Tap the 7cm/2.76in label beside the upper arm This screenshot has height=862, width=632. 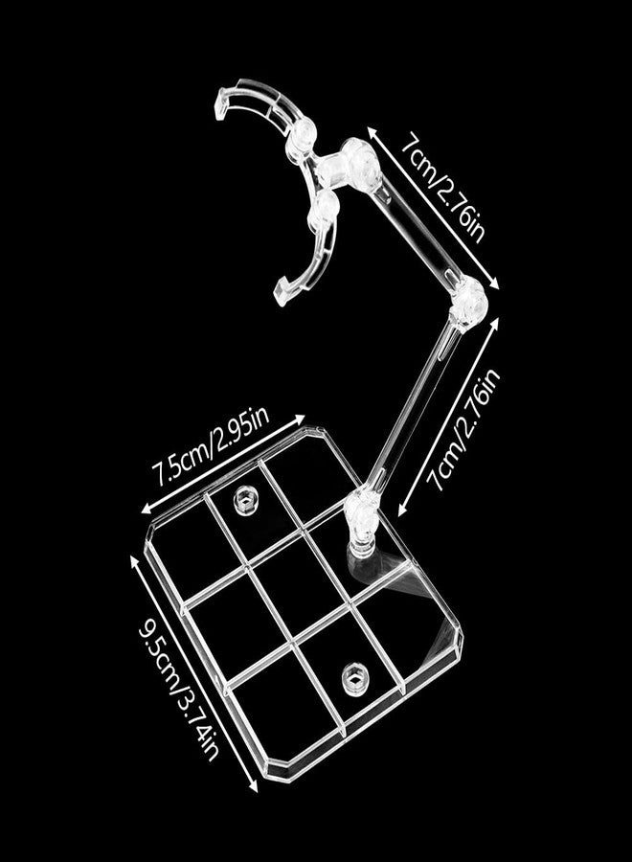(442, 189)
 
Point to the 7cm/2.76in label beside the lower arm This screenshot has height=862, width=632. (464, 429)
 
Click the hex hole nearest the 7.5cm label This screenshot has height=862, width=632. (244, 500)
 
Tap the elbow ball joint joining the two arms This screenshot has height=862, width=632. (468, 303)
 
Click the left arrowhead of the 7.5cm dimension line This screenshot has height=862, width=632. (146, 509)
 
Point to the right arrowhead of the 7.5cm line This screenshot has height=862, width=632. (300, 419)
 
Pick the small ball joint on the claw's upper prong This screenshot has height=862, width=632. (303, 135)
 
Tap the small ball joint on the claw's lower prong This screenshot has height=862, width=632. (325, 210)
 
